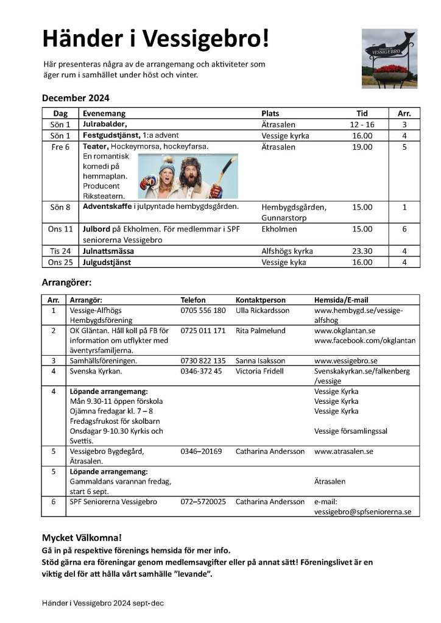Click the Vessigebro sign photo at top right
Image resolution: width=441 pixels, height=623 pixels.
point(389,58)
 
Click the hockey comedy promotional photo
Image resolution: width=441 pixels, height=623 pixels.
point(188,175)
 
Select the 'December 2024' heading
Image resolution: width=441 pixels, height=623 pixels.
point(76,98)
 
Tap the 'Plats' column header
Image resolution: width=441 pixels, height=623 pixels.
point(270,113)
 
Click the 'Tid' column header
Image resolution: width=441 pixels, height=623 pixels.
point(362,113)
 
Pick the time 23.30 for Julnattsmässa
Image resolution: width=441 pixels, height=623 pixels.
point(362,251)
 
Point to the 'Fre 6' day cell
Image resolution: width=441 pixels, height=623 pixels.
point(60,147)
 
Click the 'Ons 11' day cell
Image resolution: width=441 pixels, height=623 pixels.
point(60,229)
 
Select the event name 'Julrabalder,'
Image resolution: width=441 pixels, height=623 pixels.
point(105,124)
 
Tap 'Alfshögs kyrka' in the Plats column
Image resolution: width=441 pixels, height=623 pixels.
point(287,251)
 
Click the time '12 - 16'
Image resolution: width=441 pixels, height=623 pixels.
point(362,124)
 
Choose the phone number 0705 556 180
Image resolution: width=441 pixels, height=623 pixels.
point(203,311)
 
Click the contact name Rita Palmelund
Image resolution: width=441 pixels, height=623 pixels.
point(261,330)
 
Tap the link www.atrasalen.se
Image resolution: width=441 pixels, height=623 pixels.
point(344,451)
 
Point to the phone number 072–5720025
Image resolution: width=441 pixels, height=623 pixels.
point(203,502)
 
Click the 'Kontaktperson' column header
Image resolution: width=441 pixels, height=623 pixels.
point(260,300)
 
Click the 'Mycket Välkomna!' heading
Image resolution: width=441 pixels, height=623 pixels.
point(82,538)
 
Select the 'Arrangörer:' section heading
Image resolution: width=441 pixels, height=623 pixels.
point(66,283)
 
